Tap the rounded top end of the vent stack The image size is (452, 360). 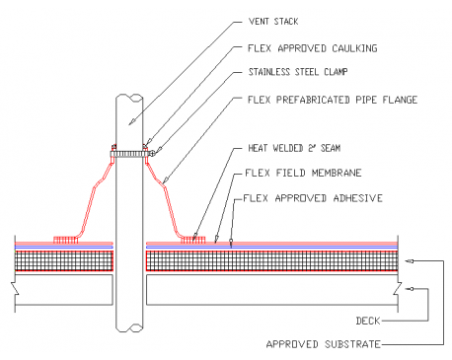tap(129, 96)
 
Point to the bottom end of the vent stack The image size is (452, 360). tap(129, 331)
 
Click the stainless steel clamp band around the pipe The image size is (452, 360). tap(129, 153)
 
